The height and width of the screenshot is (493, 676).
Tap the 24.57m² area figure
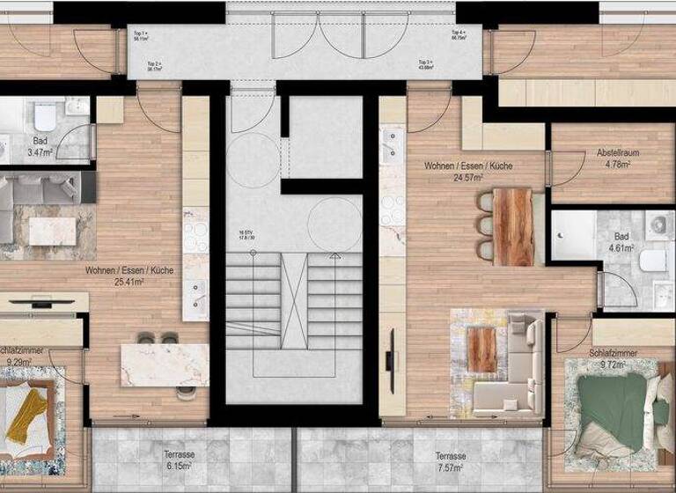point(467,177)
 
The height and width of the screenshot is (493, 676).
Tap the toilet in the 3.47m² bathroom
point(44,116)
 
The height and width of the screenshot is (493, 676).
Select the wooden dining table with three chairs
point(514,226)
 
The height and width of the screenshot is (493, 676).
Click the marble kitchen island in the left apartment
point(165,364)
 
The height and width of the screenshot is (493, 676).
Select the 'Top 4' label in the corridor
point(459,33)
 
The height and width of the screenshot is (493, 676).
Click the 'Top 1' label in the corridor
point(141,33)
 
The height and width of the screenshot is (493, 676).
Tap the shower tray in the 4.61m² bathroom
point(573,232)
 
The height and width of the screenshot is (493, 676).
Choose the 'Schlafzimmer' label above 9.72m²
point(614,351)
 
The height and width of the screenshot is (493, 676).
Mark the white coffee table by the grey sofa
point(52,232)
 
